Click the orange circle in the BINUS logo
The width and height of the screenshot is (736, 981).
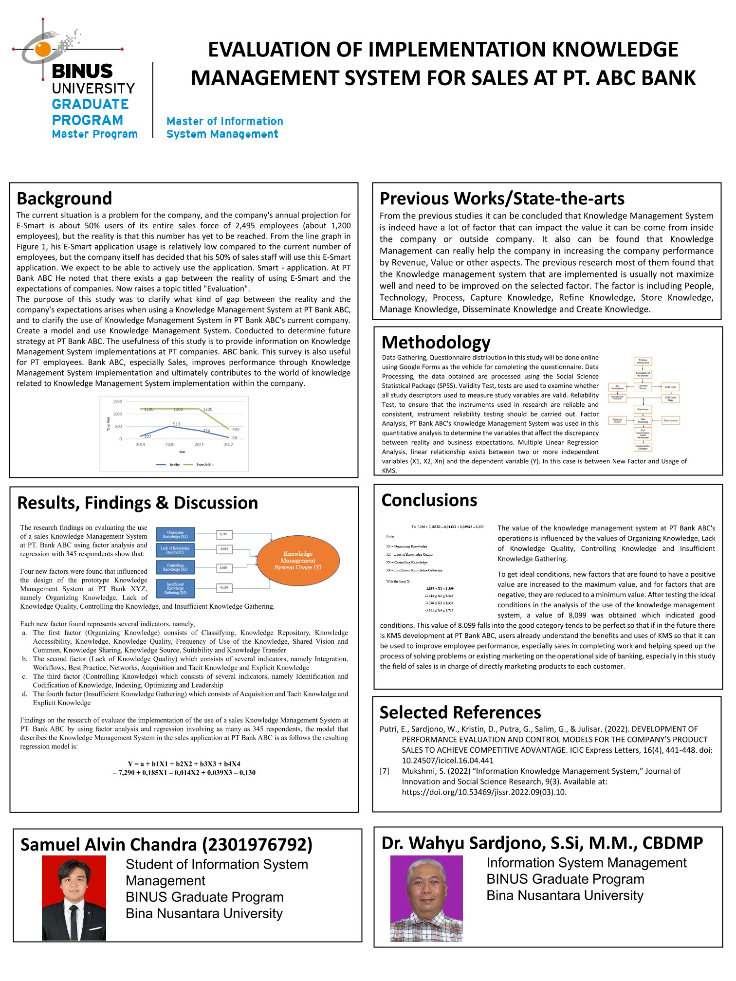click(43, 49)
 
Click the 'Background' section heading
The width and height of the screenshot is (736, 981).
click(64, 199)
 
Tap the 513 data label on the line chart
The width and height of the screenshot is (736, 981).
click(176, 424)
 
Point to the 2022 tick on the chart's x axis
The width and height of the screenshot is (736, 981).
click(228, 444)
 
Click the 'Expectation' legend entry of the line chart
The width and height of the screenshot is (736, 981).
click(204, 464)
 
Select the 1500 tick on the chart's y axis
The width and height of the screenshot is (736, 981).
click(117, 401)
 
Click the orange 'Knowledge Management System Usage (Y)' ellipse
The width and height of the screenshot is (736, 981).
click(298, 561)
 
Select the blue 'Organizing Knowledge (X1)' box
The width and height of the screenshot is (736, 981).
click(175, 534)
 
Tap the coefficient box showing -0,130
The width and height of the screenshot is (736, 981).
click(224, 587)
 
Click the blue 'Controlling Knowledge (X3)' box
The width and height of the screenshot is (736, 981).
click(175, 567)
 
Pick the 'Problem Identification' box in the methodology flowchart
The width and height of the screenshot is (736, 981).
click(643, 362)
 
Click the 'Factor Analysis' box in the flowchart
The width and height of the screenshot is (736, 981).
click(670, 420)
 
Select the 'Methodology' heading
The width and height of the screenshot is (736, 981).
click(436, 343)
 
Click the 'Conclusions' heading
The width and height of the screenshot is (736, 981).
click(429, 500)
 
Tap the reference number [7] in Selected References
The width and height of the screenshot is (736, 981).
click(385, 771)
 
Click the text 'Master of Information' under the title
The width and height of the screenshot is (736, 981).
click(224, 121)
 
